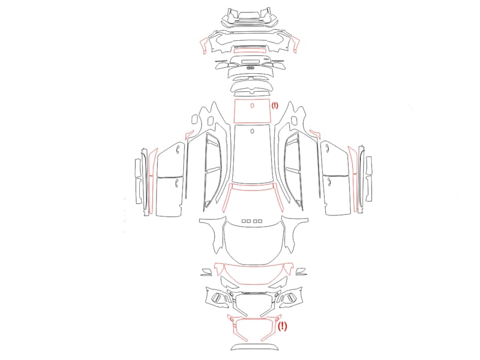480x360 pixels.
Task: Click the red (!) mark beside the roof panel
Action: pyautogui.click(x=275, y=106)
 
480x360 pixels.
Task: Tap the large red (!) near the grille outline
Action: pyautogui.click(x=282, y=326)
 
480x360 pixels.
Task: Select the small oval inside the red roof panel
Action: pyautogui.click(x=252, y=106)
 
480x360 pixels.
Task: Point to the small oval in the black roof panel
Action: pyautogui.click(x=252, y=131)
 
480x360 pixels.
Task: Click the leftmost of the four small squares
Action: pyautogui.click(x=244, y=221)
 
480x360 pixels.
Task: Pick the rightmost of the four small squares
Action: pyautogui.click(x=260, y=221)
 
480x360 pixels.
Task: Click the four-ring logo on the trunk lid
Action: pyautogui.click(x=250, y=68)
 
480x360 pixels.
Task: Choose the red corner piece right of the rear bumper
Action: pyautogui.click(x=296, y=44)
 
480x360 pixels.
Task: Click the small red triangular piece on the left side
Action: pyautogui.click(x=189, y=134)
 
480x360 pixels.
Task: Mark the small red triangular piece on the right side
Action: pyautogui.click(x=314, y=133)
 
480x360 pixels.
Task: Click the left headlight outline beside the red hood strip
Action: pyautogui.click(x=207, y=272)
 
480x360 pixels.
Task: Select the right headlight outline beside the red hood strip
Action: pyautogui.click(x=301, y=272)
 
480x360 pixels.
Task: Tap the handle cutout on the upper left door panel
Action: pyautogui.click(x=178, y=149)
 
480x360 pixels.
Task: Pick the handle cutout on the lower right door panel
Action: pyautogui.click(x=329, y=182)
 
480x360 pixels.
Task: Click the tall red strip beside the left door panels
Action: pyautogui.click(x=152, y=181)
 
